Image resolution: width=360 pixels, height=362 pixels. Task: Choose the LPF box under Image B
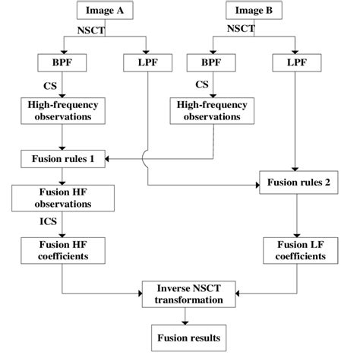295,61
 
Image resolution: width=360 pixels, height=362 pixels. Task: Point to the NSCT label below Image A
90,29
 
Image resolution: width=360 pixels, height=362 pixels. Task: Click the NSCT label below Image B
241,29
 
